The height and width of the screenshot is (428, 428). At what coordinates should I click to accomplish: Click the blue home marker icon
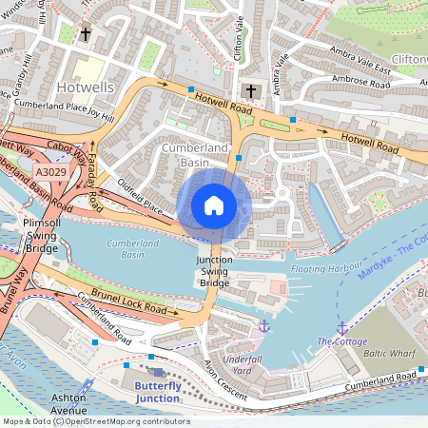[x=214, y=205]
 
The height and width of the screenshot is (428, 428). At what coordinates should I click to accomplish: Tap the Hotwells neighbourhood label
[x=85, y=87]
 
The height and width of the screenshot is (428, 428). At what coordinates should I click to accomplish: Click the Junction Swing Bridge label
[x=213, y=271]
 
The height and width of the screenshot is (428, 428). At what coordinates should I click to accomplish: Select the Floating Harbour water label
[x=327, y=270]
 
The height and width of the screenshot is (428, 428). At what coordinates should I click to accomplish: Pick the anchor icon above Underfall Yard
[x=264, y=326]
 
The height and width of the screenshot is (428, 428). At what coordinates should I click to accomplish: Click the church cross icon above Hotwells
[x=85, y=35]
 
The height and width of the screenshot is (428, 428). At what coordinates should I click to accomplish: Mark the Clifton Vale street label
[x=234, y=38]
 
